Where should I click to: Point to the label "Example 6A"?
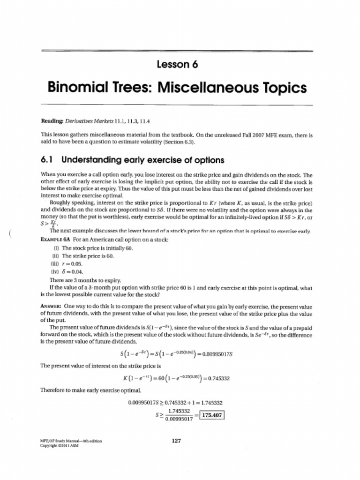point(56,240)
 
